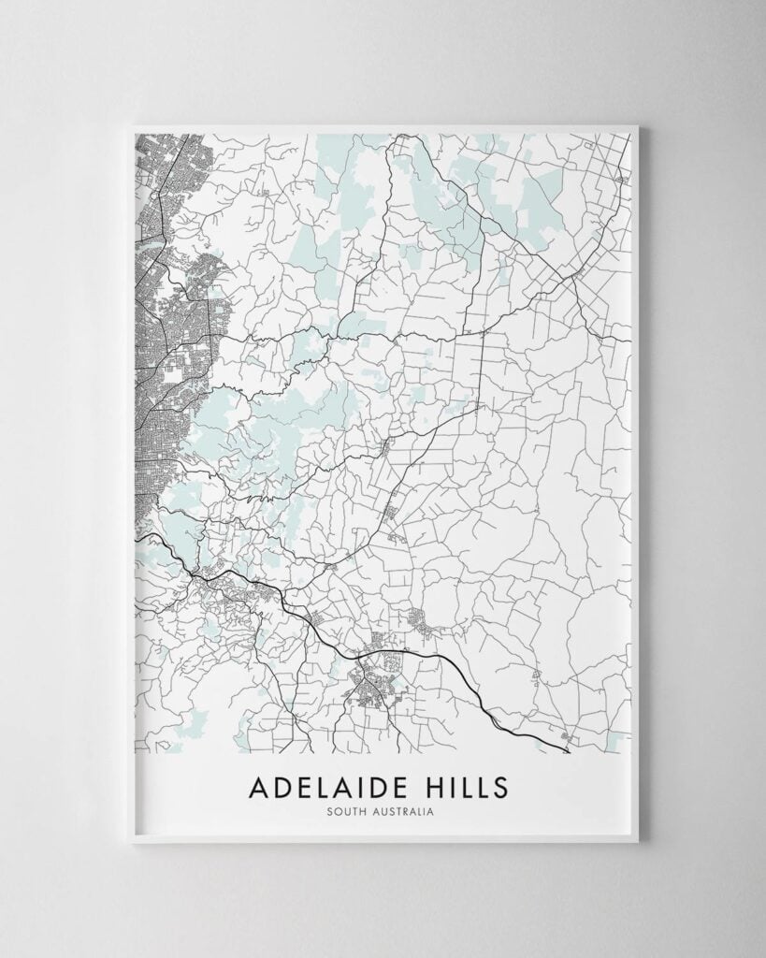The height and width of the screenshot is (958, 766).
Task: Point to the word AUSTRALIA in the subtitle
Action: coord(398,812)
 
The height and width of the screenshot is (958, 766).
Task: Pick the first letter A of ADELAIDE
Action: coord(258,787)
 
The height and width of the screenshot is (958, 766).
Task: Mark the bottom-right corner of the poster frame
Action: coord(639,841)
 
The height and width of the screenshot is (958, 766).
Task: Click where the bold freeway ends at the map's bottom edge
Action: coord(569,750)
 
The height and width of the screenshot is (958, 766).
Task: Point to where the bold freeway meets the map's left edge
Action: coord(138,536)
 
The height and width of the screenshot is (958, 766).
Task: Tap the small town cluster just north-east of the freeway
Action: coord(419,619)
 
